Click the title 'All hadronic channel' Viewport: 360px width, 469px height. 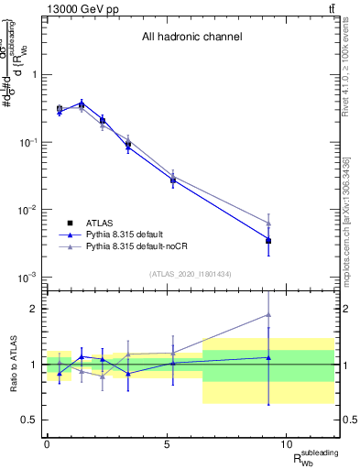[x=191, y=38]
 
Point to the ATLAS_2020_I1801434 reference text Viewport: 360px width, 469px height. [x=191, y=274]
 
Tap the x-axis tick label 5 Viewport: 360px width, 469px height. [x=168, y=444]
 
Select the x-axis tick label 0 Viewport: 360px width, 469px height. [x=47, y=444]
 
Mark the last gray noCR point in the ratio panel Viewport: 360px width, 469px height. [x=267, y=314]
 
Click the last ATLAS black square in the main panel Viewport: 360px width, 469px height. [x=267, y=241]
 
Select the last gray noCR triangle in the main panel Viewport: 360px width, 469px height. [x=267, y=223]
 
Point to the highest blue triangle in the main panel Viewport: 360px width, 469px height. [x=82, y=104]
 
